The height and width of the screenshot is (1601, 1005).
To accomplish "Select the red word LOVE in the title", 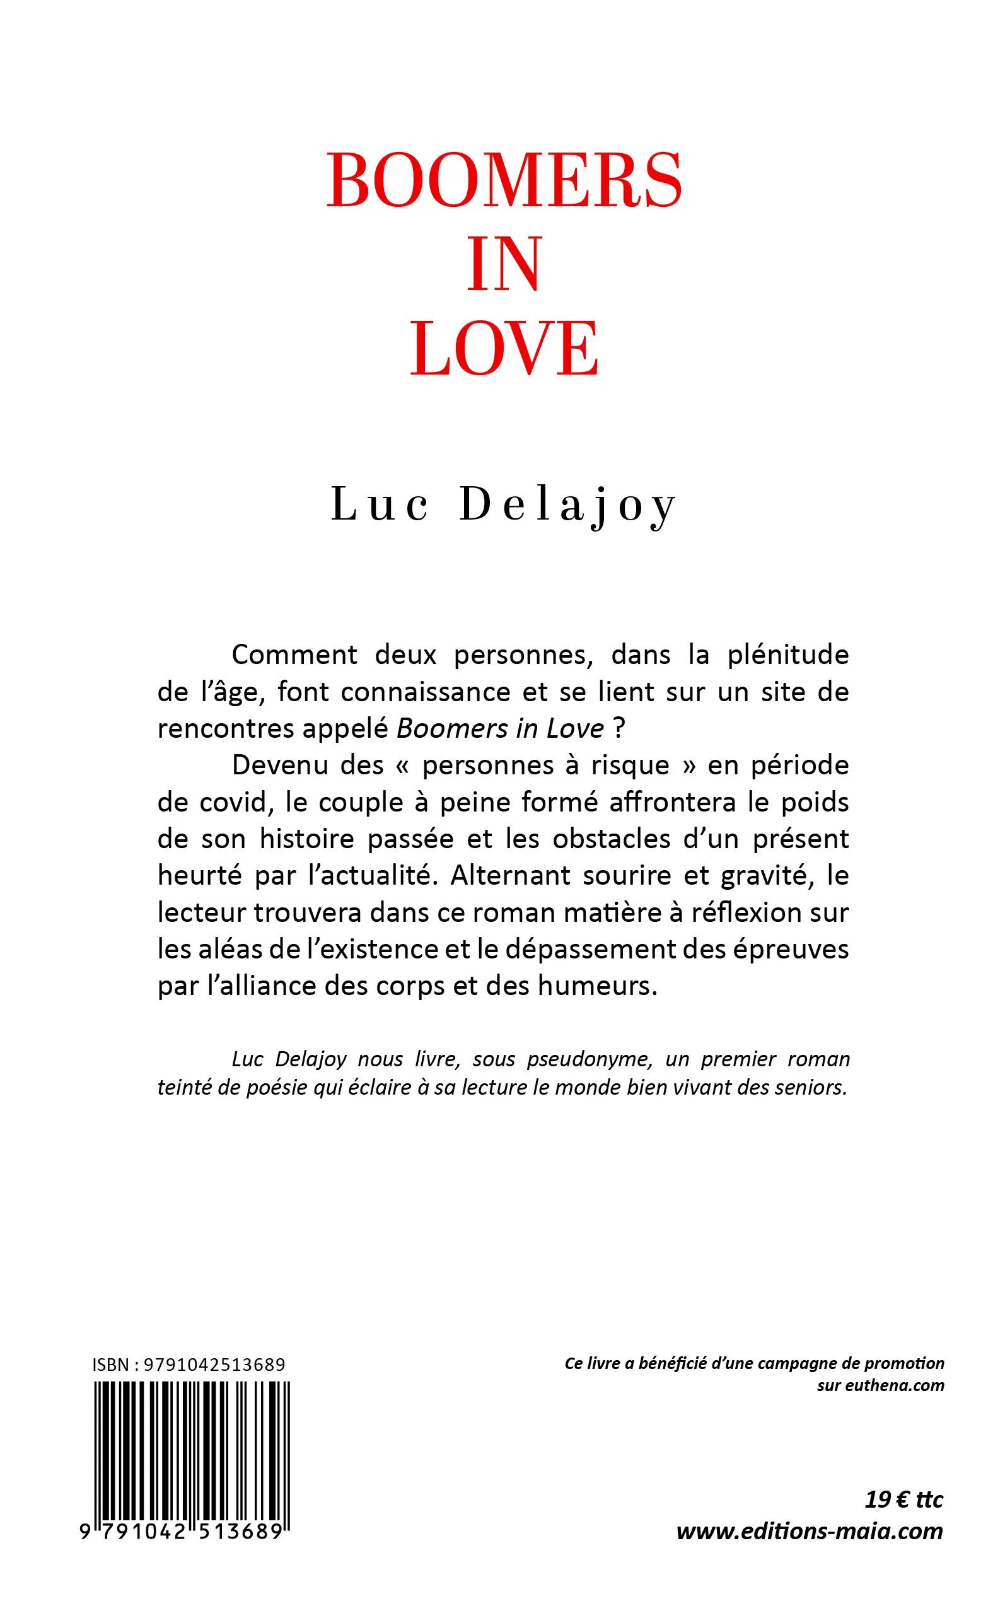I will click(504, 349).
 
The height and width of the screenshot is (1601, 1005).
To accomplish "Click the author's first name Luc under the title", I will click(380, 504).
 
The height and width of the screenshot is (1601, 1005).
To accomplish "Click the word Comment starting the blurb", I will click(294, 655).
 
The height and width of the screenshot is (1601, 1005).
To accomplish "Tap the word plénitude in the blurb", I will click(787, 655).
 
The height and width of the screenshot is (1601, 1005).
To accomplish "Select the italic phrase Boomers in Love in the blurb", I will click(500, 729).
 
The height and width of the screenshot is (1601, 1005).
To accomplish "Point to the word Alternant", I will click(510, 876).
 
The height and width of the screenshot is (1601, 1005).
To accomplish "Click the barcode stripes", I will click(192, 1449).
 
